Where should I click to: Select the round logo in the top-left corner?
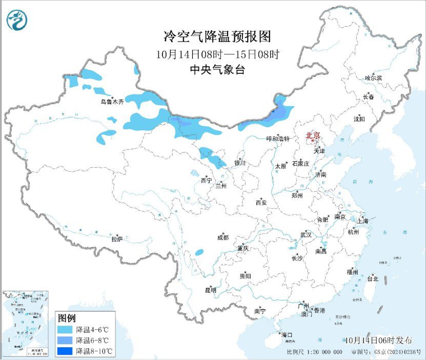pyautogui.click(x=16, y=21)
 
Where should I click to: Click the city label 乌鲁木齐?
pyautogui.click(x=112, y=102)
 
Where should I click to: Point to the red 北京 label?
pyautogui.click(x=313, y=135)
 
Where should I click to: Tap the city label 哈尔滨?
pyautogui.click(x=373, y=78)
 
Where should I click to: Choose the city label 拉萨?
pyautogui.click(x=117, y=239)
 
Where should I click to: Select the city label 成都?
pyautogui.click(x=223, y=237)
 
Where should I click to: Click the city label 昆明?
pyautogui.click(x=211, y=290)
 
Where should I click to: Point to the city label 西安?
pyautogui.click(x=260, y=203)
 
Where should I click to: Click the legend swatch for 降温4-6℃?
pyautogui.click(x=65, y=329)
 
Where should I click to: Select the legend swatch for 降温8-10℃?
pyautogui.click(x=65, y=351)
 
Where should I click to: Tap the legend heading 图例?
pyautogui.click(x=67, y=317)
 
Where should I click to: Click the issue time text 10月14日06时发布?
pyautogui.click(x=378, y=341)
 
